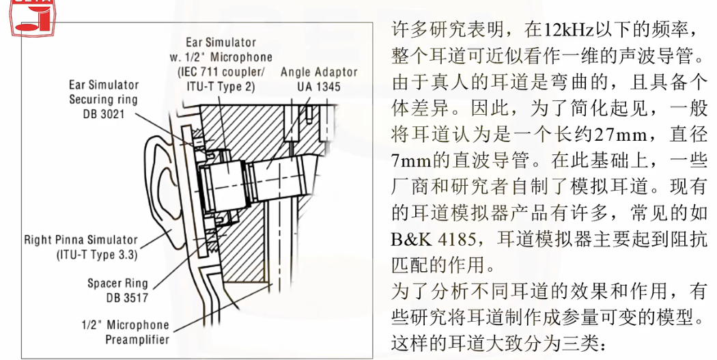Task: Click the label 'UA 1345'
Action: [x=319, y=87]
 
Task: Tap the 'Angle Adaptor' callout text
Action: [x=319, y=72]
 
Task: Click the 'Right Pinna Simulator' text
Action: [x=81, y=240]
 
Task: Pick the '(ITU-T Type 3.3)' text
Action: [x=98, y=255]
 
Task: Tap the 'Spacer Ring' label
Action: [x=117, y=283]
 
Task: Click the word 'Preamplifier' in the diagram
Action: [x=136, y=339]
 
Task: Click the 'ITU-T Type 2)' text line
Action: [x=221, y=87]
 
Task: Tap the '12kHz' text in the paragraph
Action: [x=564, y=30]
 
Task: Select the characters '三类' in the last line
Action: [x=580, y=343]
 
